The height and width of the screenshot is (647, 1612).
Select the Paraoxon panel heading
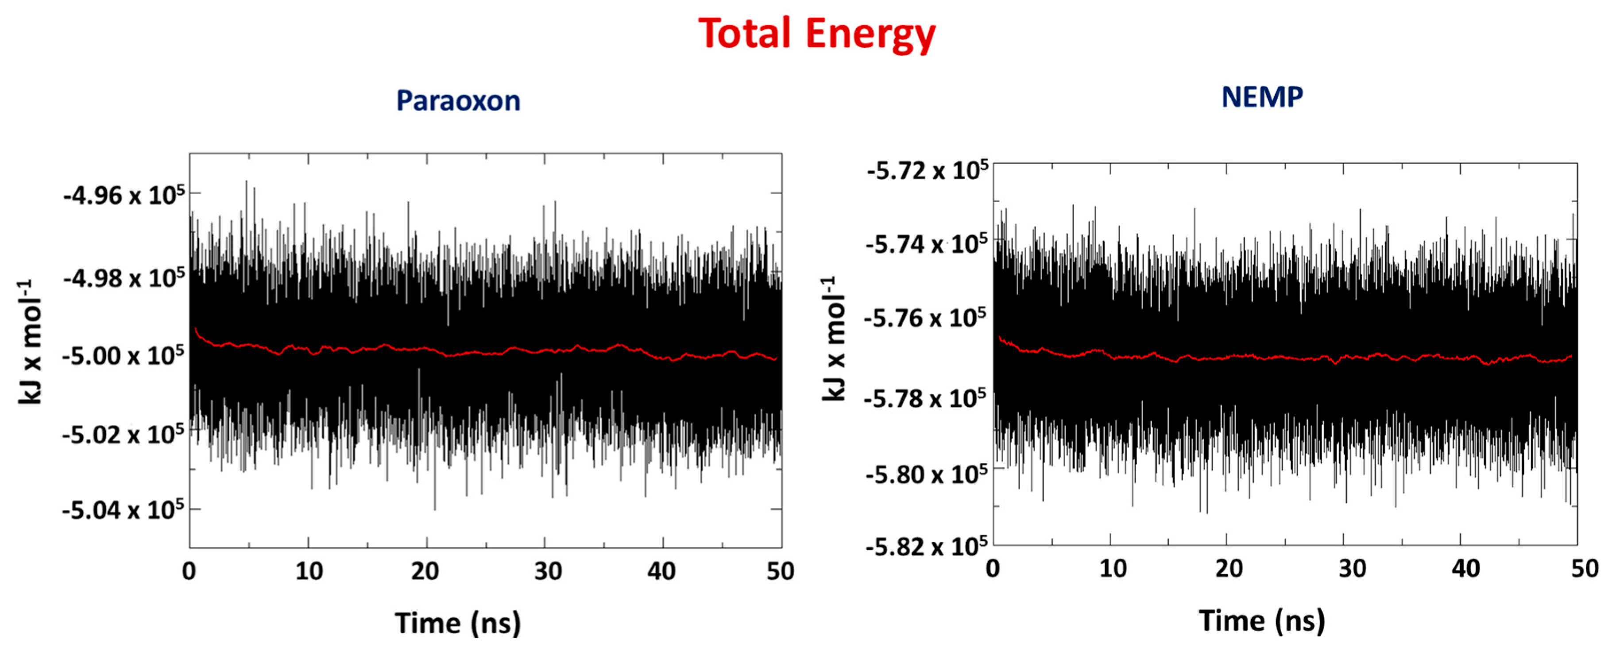pyautogui.click(x=458, y=101)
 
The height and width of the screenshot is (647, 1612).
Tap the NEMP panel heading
pyautogui.click(x=1261, y=97)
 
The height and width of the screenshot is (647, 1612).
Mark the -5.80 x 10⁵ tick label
pyautogui.click(x=926, y=474)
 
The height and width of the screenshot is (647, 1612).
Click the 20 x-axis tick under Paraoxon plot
pyautogui.click(x=425, y=571)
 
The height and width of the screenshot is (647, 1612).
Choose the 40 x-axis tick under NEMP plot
pyautogui.click(x=1465, y=568)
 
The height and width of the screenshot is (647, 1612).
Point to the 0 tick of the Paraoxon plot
pyautogui.click(x=189, y=571)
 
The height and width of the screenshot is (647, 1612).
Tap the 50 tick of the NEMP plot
pyautogui.click(x=1585, y=568)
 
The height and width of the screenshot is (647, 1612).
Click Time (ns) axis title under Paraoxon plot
pyautogui.click(x=458, y=623)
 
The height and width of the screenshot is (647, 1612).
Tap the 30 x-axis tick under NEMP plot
pyautogui.click(x=1352, y=568)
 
